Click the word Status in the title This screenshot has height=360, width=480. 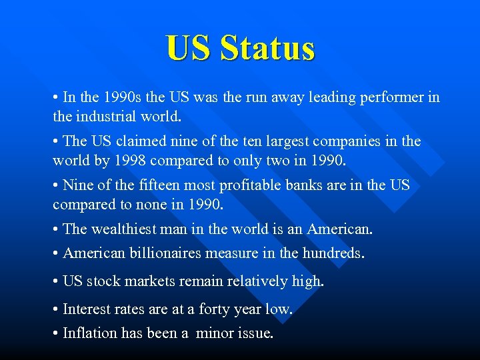tap(267, 48)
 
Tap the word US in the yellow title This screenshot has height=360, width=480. tap(188, 48)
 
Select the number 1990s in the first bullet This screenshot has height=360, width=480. tap(124, 97)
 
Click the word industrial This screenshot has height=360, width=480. tap(111, 117)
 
